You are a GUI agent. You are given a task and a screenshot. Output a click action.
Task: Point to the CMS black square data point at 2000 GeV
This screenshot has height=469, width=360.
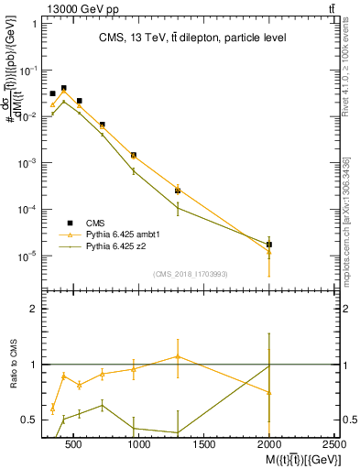[268, 245]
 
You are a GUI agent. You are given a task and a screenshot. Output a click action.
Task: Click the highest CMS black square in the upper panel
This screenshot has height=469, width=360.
[63, 88]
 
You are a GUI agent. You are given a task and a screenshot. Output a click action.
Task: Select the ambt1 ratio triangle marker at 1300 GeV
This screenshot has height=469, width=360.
[178, 356]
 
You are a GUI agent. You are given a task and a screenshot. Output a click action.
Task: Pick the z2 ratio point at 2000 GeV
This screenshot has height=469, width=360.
[268, 365]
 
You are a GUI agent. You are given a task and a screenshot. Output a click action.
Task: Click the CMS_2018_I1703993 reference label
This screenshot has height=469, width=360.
[191, 273]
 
